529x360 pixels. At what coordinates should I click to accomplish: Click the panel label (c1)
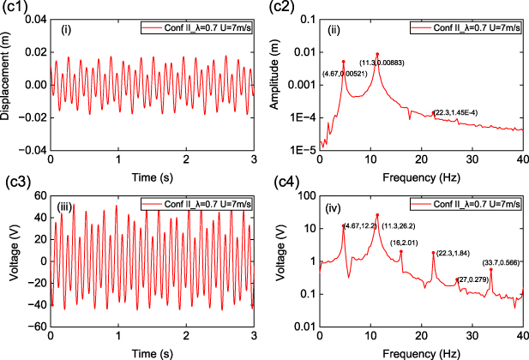[x=15, y=9]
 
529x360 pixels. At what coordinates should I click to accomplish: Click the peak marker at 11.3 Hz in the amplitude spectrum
[x=377, y=55]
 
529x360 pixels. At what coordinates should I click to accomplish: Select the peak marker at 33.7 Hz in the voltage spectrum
[x=491, y=270]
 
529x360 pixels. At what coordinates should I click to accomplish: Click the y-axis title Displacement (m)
[x=10, y=83]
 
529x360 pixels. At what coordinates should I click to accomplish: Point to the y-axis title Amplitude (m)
[x=286, y=83]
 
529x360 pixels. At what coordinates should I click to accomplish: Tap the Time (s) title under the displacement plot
[x=152, y=175]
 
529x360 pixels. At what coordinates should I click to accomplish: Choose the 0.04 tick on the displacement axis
[x=35, y=20]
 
